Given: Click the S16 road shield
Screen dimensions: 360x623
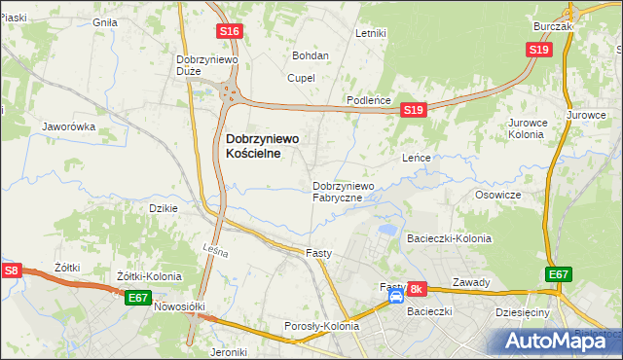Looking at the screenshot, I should click(230, 32).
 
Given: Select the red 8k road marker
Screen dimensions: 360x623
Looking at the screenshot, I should click(417, 289).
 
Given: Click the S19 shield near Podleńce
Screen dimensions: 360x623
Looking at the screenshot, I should click(414, 111).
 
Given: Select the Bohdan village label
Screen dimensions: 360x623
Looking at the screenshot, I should click(311, 55).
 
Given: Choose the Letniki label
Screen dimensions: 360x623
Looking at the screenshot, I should click(371, 33).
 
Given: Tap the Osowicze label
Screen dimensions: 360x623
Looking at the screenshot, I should click(498, 195).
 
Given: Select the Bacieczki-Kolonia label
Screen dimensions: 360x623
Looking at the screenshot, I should click(450, 238).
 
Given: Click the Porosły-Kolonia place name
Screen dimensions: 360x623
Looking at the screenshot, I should click(321, 326).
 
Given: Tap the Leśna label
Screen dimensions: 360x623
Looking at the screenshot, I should click(216, 253).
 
